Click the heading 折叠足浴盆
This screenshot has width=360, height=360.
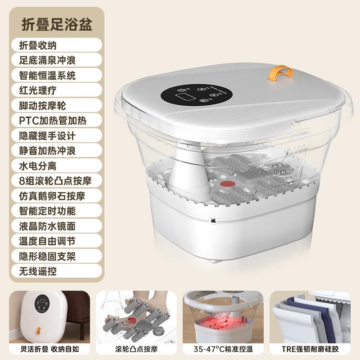pyautogui.click(x=57, y=24)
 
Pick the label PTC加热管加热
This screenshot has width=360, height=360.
pyautogui.click(x=53, y=120)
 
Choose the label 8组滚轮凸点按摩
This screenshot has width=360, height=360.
pyautogui.click(x=55, y=180)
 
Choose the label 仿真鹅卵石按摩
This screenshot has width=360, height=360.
pyautogui.click(x=52, y=195)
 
